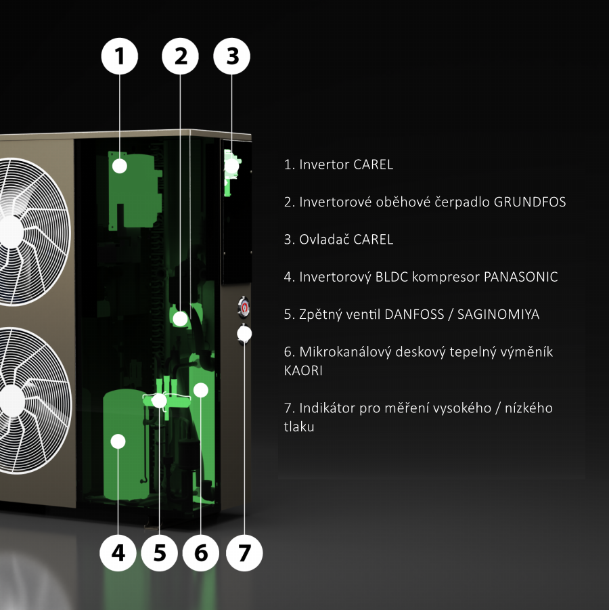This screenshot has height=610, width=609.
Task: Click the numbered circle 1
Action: [119, 56]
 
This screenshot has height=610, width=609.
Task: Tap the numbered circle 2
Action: [180, 56]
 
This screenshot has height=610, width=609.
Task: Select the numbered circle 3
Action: [232, 56]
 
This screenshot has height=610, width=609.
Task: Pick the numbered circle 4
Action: [118, 553]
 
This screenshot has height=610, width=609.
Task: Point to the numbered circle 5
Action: [160, 553]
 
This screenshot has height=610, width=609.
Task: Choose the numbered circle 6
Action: [201, 553]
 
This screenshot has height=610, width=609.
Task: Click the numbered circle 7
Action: [244, 553]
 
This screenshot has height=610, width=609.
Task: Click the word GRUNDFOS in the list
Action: [530, 202]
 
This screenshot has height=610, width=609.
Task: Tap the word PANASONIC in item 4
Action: [521, 277]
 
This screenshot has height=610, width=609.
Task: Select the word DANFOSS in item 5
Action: [414, 314]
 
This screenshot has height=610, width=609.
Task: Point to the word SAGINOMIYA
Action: [498, 314]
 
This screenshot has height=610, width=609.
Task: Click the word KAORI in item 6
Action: [303, 370]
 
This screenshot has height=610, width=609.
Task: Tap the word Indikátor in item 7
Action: [327, 408]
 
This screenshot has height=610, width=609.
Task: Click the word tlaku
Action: [299, 427]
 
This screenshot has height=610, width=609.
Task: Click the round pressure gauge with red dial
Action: [244, 307]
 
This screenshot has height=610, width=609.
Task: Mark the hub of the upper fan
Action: [11, 232]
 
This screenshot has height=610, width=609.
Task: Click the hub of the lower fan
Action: [12, 401]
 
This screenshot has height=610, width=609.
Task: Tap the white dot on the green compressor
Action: [118, 441]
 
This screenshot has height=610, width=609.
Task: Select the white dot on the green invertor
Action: [119, 166]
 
